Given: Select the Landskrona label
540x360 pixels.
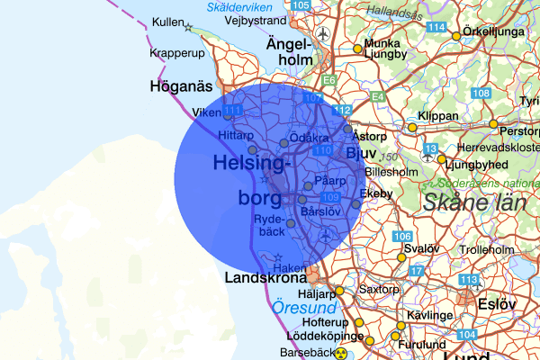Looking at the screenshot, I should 267,278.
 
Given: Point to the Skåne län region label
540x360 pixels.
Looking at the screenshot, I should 474,202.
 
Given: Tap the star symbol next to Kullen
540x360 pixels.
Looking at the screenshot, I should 188,28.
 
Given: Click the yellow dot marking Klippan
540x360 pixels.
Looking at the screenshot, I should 412,128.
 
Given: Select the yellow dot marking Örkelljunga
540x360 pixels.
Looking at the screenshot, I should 456,36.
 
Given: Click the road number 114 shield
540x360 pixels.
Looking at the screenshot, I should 436,28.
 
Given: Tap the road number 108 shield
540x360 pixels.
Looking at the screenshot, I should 481,94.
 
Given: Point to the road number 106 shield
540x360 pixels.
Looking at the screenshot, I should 402,236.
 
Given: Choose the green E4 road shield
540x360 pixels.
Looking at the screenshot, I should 378,95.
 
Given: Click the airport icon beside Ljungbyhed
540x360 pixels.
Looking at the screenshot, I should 442,160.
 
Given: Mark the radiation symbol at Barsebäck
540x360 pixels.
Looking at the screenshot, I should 341,353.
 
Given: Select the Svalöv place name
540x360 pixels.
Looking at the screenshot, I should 420,248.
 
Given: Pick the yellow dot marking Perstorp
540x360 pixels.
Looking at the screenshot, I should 493,123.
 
